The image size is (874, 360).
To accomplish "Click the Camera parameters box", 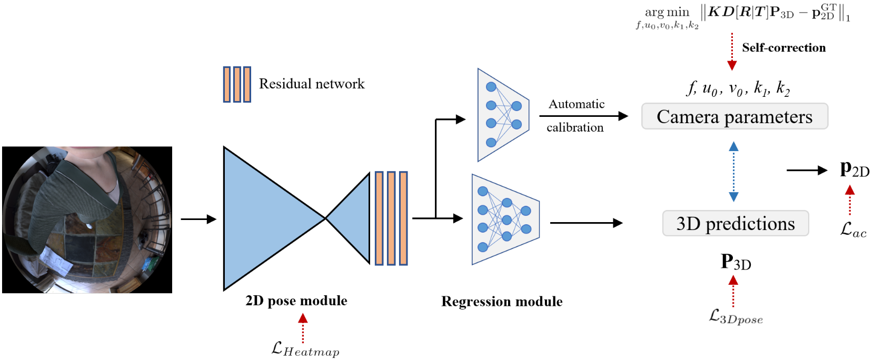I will [x=734, y=116].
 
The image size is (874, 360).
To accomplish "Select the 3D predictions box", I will [x=735, y=224].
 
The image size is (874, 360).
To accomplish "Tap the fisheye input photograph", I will [x=87, y=219].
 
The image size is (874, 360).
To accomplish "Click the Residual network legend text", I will [x=311, y=84].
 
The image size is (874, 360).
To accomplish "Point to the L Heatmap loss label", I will [x=305, y=349].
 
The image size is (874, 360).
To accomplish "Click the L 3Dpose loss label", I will [x=736, y=316].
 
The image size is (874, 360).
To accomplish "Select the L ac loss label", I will [x=853, y=229].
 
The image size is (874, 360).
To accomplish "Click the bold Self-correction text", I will [x=783, y=48].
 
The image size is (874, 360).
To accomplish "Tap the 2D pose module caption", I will [x=296, y=301].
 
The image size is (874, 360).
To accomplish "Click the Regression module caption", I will [x=501, y=302].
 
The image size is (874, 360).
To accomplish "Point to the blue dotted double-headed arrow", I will [x=733, y=172].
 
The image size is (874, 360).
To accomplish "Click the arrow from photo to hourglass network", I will [x=198, y=219].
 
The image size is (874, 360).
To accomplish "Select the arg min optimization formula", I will [x=743, y=16].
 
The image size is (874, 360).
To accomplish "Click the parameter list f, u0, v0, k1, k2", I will [x=738, y=88].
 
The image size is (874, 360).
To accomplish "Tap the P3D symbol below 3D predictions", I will [x=736, y=262].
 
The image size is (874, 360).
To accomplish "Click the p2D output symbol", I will [x=854, y=169].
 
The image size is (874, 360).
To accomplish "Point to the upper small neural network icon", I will [x=502, y=115].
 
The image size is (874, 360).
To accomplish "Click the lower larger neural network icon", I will [x=505, y=219].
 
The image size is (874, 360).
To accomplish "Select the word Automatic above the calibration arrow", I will [x=577, y=104].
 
